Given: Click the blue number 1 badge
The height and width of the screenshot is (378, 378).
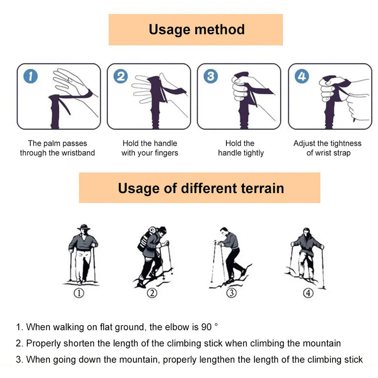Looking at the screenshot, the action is point(31,76).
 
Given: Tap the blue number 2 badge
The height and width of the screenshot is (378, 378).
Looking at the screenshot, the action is point(121,76).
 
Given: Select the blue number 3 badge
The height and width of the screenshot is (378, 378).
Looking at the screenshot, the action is point(211,76).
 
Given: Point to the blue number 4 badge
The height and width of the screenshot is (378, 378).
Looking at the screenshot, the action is point(302,76).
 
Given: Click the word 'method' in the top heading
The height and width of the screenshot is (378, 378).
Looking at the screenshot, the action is point(220,29).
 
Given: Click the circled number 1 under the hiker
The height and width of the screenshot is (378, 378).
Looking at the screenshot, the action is point(79,293).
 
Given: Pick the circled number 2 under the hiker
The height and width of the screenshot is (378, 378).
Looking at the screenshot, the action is point(152,293).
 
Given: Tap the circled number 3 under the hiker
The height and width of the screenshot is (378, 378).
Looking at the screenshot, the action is point(231,293).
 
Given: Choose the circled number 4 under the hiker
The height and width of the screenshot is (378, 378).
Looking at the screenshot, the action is point(308,293).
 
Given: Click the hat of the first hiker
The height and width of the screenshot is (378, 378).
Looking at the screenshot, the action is point(84,227).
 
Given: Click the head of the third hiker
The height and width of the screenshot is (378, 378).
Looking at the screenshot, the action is point(224,231).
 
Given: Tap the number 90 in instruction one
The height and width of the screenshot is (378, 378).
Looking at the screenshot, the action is point(206,327).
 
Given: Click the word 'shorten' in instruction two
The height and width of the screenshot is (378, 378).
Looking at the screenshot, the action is point(79,343).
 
